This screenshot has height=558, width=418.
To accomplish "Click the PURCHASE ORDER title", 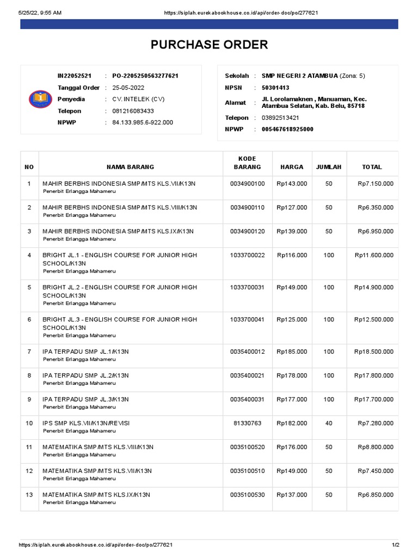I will point(209,45).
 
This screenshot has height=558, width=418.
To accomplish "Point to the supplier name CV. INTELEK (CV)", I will point(138,99).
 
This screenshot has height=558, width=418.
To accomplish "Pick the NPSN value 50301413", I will point(275,87).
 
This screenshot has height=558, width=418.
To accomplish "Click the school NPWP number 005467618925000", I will point(288,129).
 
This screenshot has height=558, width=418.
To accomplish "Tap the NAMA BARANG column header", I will point(130,167).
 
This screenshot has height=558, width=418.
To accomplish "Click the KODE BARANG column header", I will point(247,162).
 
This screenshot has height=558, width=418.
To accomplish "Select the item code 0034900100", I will point(247,184).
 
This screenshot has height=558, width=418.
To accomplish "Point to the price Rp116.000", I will point(292,255).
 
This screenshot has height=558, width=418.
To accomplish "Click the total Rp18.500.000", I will point(373,352).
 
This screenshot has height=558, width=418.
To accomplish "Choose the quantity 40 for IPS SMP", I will point(329,423).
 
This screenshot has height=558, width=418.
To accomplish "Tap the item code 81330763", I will point(247,423).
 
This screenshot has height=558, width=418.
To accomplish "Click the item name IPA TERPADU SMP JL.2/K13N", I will point(85,375).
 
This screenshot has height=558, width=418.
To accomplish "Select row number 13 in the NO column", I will point(29,494).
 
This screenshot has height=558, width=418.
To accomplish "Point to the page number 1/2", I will point(395,545).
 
